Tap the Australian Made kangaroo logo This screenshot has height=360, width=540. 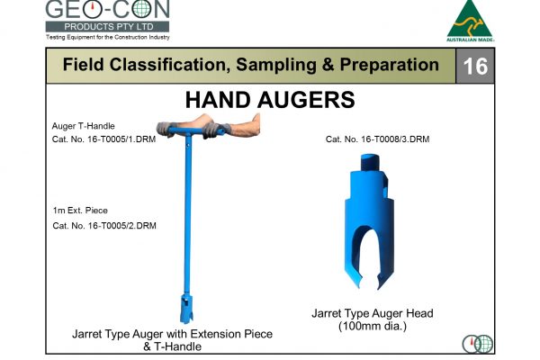click(470, 21)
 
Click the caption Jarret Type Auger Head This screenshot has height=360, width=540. click(372, 313)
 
